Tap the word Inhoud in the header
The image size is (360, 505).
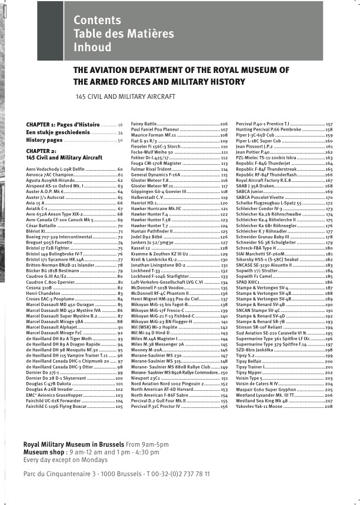click(x=92, y=47)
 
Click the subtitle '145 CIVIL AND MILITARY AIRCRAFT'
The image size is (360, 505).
click(x=125, y=96)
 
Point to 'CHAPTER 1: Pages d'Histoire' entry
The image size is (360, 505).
click(x=63, y=125)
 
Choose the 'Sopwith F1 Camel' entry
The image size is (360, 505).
click(x=256, y=276)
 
